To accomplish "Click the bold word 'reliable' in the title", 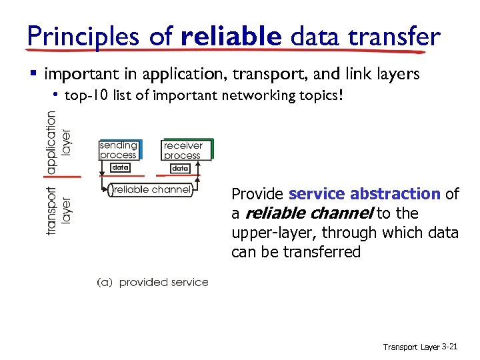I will coord(231,37).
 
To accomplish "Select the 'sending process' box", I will coord(119,150).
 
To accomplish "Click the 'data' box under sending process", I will coord(120,168).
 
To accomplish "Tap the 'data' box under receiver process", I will coord(180,169).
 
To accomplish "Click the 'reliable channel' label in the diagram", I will coord(152,190).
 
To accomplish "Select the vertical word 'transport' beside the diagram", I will coord(52,210).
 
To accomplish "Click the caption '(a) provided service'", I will coord(153,282).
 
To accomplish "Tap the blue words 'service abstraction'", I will coord(365,194).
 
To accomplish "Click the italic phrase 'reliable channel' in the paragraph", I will coord(310,213).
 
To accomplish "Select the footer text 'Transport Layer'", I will coord(411,347).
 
